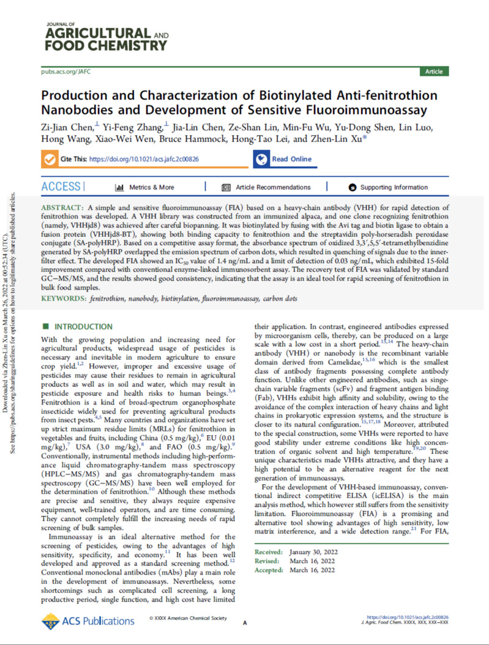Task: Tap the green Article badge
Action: click(433, 72)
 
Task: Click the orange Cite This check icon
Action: click(50, 159)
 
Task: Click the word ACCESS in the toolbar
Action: click(61, 187)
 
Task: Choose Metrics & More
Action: click(147, 187)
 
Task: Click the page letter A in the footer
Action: click(245, 623)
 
